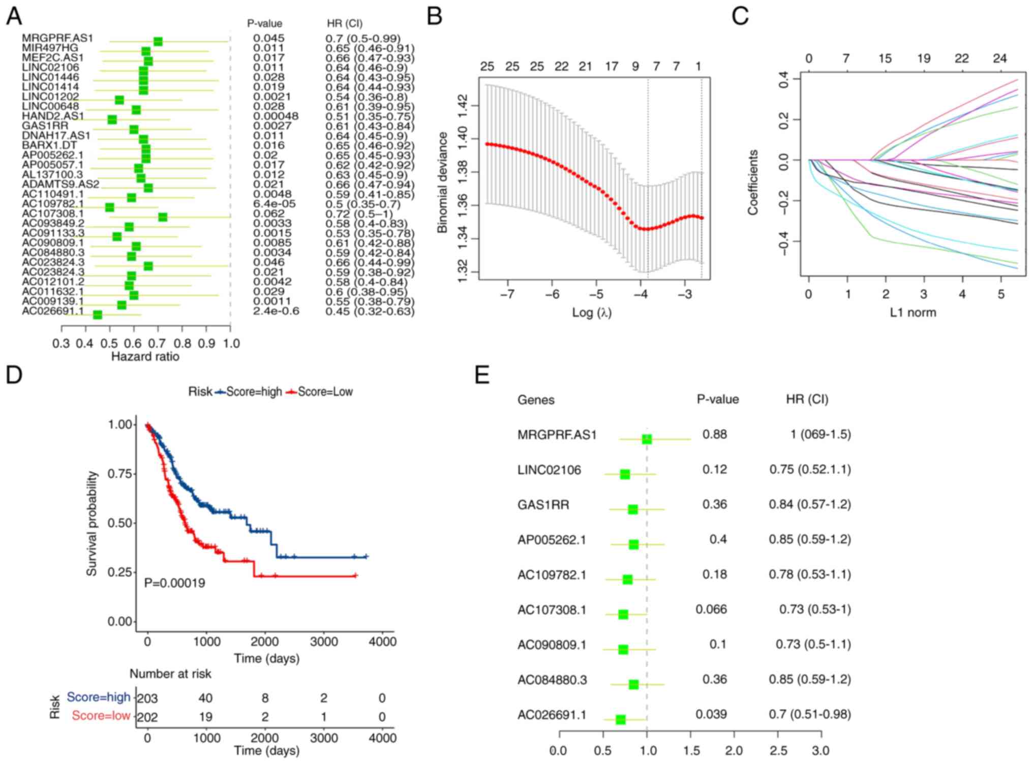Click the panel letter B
435,16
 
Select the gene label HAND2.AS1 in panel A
52,116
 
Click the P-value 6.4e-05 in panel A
274,204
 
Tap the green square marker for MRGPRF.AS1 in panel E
647,439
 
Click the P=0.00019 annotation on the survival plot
174,583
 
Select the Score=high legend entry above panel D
249,391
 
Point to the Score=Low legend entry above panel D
320,391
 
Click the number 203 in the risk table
147,698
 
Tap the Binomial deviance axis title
442,182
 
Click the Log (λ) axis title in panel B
591,312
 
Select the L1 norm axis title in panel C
913,312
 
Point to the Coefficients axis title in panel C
752,182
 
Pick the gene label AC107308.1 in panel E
552,609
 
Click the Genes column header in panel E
536,400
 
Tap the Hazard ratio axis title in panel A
145,356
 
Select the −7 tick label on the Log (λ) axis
507,294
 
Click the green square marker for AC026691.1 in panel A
98,315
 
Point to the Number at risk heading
170,674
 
